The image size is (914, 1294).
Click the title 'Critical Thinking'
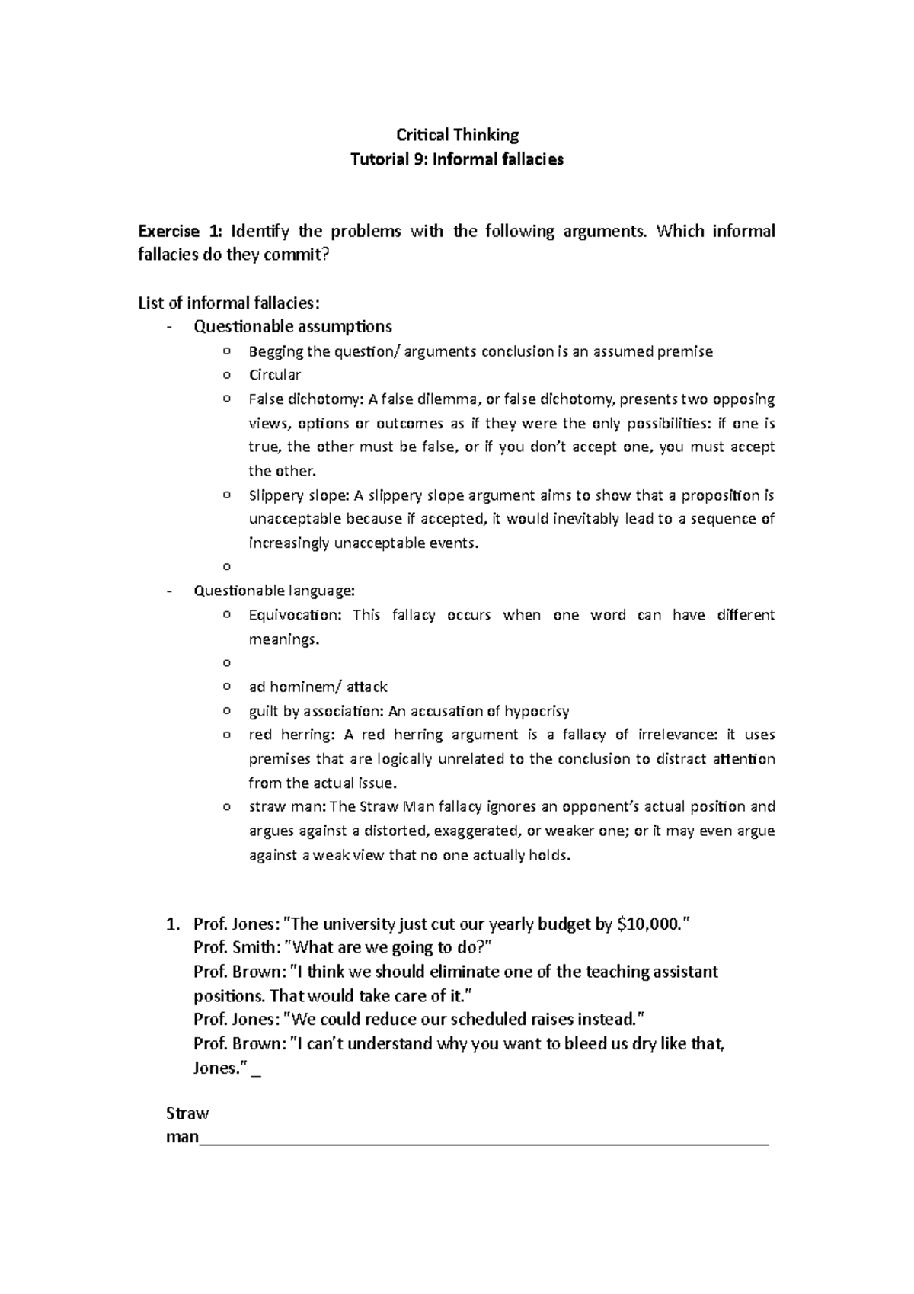(x=457, y=136)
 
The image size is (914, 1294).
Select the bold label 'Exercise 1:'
(x=180, y=231)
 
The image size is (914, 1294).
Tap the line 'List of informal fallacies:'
(x=225, y=303)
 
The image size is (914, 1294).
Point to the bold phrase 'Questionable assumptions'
(x=292, y=327)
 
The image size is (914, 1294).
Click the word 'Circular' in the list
(x=274, y=375)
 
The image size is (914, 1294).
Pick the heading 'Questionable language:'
(x=274, y=591)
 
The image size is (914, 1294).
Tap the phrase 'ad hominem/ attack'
(x=318, y=687)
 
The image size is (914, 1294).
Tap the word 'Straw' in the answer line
(x=187, y=1113)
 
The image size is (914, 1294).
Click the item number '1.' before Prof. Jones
(x=173, y=924)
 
